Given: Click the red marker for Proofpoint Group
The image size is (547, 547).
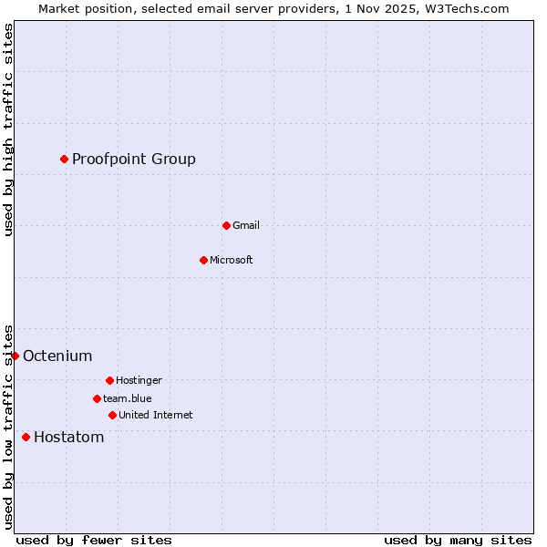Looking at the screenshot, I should [64, 160].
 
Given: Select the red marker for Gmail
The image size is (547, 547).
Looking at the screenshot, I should [226, 225].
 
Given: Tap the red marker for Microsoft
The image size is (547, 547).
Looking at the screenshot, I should [203, 260].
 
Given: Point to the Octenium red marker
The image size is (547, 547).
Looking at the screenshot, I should [15, 356].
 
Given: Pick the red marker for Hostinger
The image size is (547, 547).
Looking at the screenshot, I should [109, 380].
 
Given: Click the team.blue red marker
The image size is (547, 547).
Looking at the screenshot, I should [97, 398].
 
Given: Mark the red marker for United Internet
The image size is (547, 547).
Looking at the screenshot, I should [112, 415].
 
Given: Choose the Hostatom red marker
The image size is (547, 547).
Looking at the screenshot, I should [26, 438].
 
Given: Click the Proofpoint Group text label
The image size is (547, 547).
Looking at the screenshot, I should [134, 160].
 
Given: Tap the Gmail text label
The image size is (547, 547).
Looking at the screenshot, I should [246, 225].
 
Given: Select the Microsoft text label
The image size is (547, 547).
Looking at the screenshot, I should [232, 260].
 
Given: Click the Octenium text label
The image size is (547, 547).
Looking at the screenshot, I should [57, 356].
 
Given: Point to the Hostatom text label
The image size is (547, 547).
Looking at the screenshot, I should [69, 438].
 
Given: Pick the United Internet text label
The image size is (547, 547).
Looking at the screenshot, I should [156, 415].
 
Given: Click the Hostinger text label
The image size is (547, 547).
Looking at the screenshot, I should [139, 380].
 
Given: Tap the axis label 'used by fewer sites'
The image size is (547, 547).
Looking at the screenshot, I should [94, 540].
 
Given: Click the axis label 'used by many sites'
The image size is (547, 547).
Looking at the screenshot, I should [458, 540].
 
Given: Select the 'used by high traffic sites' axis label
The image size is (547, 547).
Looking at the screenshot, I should [8, 129].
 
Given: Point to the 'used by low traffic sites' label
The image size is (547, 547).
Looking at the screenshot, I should [8, 427].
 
